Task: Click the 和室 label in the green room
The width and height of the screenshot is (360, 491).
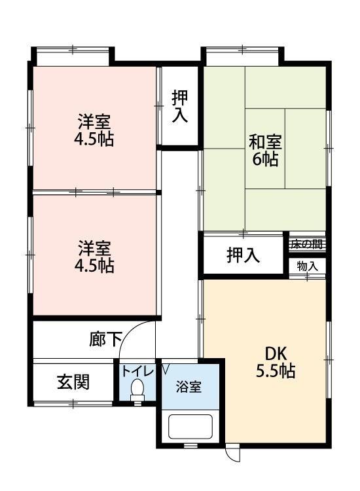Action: pos(265,141)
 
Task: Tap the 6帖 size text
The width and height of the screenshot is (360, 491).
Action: pos(265,158)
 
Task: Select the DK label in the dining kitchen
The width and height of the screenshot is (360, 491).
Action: pos(275,353)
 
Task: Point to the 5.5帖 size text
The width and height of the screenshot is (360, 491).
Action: pos(275,371)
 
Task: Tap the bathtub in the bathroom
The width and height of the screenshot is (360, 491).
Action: pos(190,427)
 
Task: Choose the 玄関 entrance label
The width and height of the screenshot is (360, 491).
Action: pos(73,382)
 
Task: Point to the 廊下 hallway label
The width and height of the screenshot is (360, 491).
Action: pos(106,339)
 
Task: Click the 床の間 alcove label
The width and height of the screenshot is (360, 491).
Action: pos(307,245)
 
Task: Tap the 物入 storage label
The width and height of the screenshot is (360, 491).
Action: pos(307,266)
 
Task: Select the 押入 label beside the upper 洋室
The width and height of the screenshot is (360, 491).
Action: pos(180,107)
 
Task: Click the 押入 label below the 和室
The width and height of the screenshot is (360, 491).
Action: pos(243,255)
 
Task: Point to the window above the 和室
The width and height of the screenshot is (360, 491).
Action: pos(242,56)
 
